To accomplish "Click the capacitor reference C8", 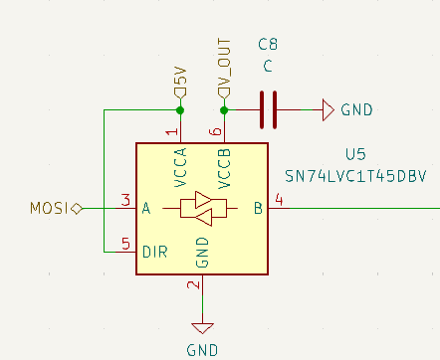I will pyautogui.click(x=267, y=46).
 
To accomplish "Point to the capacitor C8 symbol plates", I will pyautogui.click(x=267, y=109).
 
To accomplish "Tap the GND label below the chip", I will pyautogui.click(x=202, y=349).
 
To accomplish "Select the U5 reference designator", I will pyautogui.click(x=355, y=154).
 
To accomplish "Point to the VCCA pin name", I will pyautogui.click(x=180, y=168).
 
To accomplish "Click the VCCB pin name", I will pyautogui.click(x=224, y=168).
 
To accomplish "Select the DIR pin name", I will pyautogui.click(x=154, y=252).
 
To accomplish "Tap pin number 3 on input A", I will pyautogui.click(x=125, y=200).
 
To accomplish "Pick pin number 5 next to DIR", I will pyautogui.click(x=125, y=243).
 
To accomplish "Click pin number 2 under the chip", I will pyautogui.click(x=195, y=286).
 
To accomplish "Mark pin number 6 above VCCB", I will pyautogui.click(x=215, y=131).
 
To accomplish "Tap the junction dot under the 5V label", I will pyautogui.click(x=179, y=109).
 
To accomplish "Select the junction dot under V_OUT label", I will pyautogui.click(x=224, y=109).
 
